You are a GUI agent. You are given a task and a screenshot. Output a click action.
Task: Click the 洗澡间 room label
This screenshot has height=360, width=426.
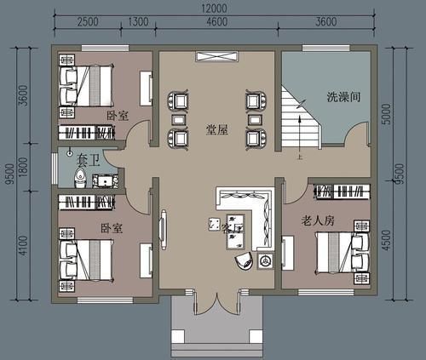tap(343, 98)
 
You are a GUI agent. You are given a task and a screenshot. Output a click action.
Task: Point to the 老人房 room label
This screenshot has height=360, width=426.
tap(317, 220)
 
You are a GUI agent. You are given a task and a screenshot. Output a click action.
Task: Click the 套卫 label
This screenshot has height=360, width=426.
tap(89, 159)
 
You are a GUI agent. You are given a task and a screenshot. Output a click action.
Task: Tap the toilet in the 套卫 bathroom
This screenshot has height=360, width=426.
tap(79, 179)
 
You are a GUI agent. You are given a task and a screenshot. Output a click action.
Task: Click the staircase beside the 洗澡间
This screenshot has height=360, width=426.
tap(300, 123)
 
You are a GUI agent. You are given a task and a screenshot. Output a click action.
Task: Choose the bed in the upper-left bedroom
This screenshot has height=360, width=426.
tap(88, 83)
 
